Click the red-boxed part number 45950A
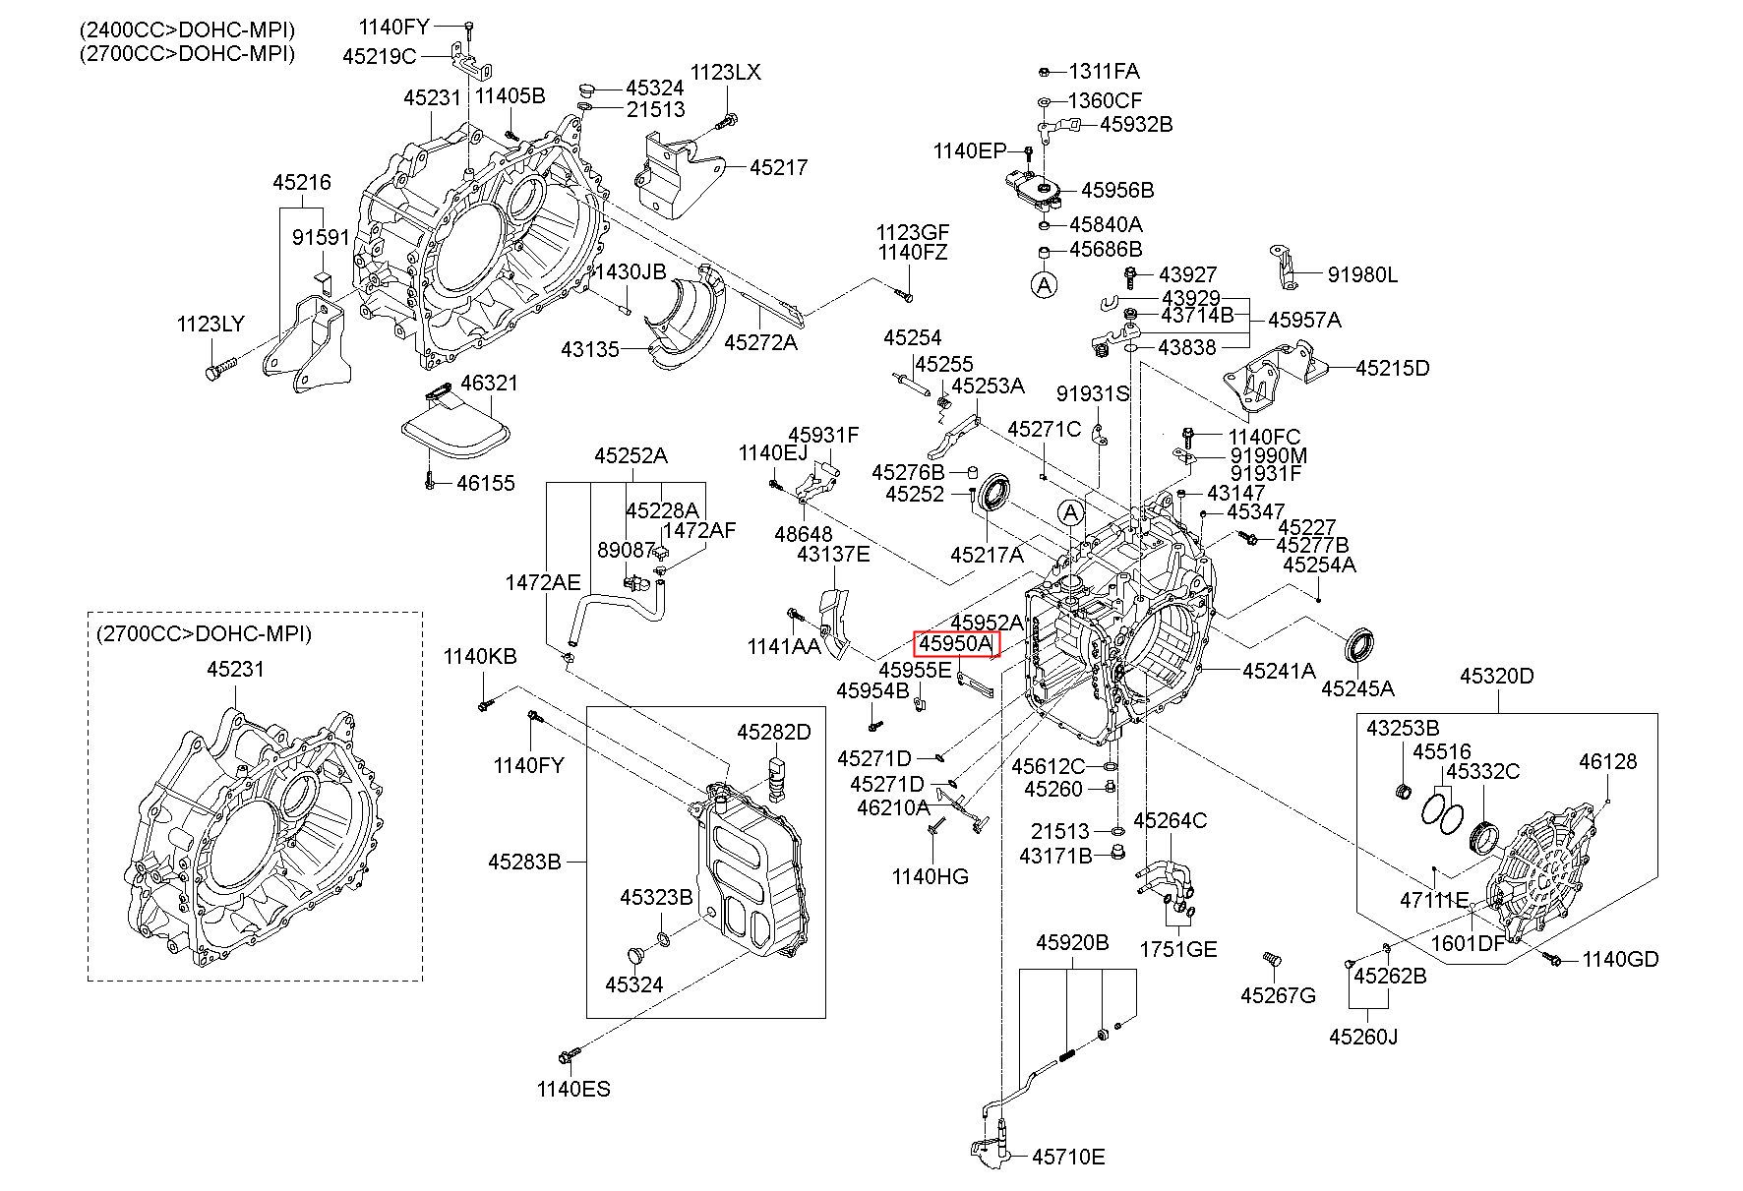(956, 644)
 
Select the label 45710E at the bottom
(1068, 1157)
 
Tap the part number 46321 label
(489, 384)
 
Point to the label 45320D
(1496, 677)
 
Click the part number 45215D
(1392, 369)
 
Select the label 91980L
(1362, 275)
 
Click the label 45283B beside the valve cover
(524, 863)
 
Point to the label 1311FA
(1105, 72)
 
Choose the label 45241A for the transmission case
(1279, 672)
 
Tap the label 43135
(590, 349)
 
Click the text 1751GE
(1177, 949)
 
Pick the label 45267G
(1278, 995)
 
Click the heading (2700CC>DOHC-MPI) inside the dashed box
(204, 634)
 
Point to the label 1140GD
(1620, 959)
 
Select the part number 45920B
(1071, 943)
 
